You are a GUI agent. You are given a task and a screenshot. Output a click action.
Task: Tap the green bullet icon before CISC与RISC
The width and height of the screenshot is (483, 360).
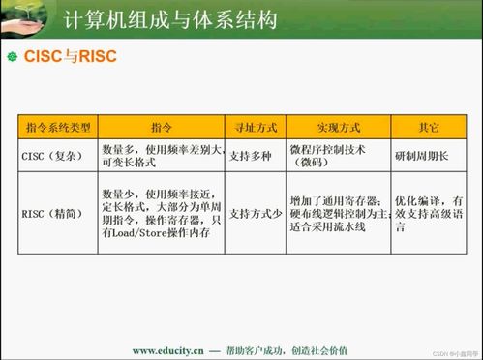coord(13,57)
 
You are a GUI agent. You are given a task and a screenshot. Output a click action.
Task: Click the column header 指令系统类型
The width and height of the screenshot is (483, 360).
coord(56,128)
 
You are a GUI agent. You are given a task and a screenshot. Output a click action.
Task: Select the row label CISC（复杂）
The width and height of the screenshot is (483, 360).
coord(54,155)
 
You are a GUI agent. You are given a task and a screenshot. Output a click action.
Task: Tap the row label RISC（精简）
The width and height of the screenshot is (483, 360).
coord(54,214)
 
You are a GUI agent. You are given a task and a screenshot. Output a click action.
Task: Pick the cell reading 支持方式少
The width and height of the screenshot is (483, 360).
coord(255,214)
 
